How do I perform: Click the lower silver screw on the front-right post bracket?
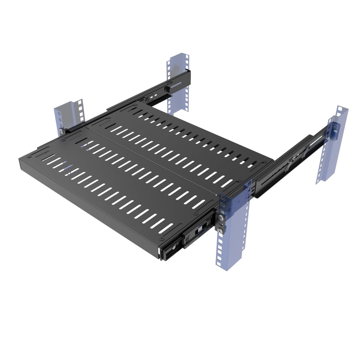[x=221, y=230]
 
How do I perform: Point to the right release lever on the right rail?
[x=303, y=155]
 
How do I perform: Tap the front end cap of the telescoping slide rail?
[x=164, y=253]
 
